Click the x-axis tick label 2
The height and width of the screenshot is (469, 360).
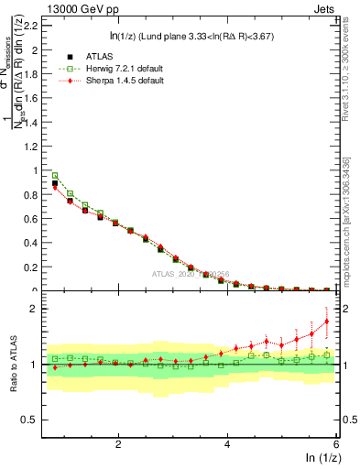(x=118, y=443)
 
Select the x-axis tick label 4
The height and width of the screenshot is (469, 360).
(x=227, y=443)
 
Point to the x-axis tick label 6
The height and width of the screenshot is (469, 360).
(x=336, y=443)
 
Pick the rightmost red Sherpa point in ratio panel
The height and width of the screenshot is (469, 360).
(x=326, y=321)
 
